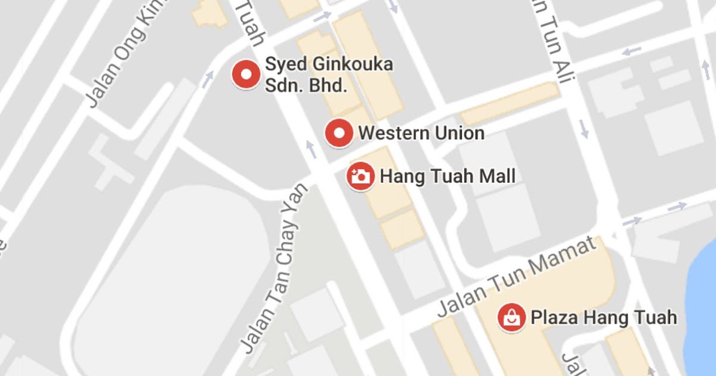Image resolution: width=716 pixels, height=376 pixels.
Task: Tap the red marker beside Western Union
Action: pos(340,132)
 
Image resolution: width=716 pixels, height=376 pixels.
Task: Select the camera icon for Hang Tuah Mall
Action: pos(360,176)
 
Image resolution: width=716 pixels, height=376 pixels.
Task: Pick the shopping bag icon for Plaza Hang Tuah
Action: pos(512,316)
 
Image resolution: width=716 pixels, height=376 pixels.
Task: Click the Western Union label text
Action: pos(421,132)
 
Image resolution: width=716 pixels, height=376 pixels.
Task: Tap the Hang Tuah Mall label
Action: pos(447,176)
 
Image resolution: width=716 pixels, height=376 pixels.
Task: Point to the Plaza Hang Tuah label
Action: pos(603,317)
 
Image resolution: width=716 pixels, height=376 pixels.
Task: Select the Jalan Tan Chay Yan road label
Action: pos(275,268)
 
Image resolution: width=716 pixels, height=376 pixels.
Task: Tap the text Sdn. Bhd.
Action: pos(305,85)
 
